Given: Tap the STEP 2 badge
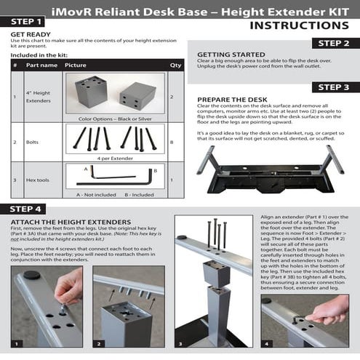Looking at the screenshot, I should coord(335,44).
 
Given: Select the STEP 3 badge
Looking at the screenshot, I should coord(335,87).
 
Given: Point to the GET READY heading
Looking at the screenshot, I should coord(31,34).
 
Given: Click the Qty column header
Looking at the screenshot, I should coord(175,65).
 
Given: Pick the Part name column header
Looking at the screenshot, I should coord(41,65).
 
